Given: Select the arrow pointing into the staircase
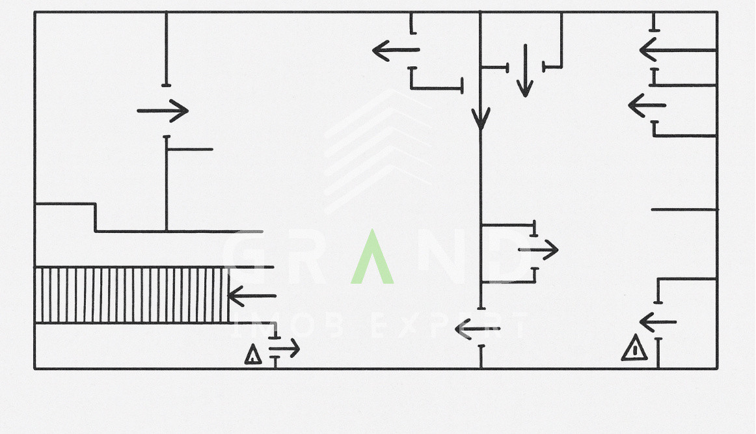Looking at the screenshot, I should pyautogui.click(x=252, y=296).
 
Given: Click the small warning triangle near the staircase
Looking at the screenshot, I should pyautogui.click(x=253, y=355).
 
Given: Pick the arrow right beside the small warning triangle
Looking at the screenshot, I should pyautogui.click(x=284, y=349).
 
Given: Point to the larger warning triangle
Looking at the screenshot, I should pyautogui.click(x=634, y=348).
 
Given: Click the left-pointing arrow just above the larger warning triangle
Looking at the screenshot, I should pyautogui.click(x=658, y=321).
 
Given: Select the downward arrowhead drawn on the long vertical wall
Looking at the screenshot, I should pyautogui.click(x=481, y=119).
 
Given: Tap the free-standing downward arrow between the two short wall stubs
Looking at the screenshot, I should pyautogui.click(x=524, y=70).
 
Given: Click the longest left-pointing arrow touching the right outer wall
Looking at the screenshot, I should pyautogui.click(x=677, y=50).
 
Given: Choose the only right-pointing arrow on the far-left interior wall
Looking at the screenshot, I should pyautogui.click(x=163, y=111).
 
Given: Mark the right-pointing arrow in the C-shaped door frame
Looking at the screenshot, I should pyautogui.click(x=538, y=250).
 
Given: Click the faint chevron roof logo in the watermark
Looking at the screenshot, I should pyautogui.click(x=377, y=150).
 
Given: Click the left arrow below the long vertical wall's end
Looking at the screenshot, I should pyautogui.click(x=478, y=330).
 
